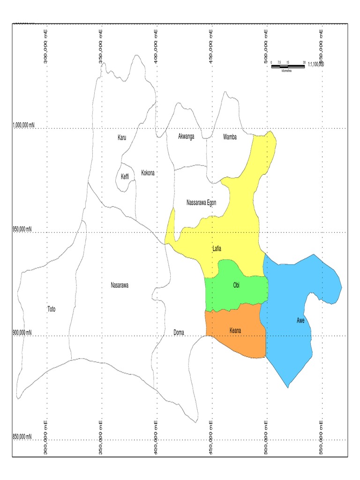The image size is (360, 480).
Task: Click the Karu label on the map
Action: (122, 137)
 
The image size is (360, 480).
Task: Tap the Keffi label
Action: (125, 176)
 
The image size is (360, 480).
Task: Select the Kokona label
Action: (148, 173)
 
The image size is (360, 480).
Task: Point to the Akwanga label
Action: (186, 136)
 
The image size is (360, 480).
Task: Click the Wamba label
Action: (230, 137)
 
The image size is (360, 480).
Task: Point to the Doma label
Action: (179, 333)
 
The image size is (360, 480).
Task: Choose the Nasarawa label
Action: (120, 285)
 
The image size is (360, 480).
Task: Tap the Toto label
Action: (51, 309)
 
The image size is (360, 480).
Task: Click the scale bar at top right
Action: (288, 67)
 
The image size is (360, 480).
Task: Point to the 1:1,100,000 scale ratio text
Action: (316, 65)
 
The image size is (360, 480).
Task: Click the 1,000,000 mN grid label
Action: (23, 125)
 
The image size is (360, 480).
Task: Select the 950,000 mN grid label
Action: (22, 229)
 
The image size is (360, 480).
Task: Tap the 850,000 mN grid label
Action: (22, 437)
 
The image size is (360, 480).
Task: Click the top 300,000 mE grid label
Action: (45, 46)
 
